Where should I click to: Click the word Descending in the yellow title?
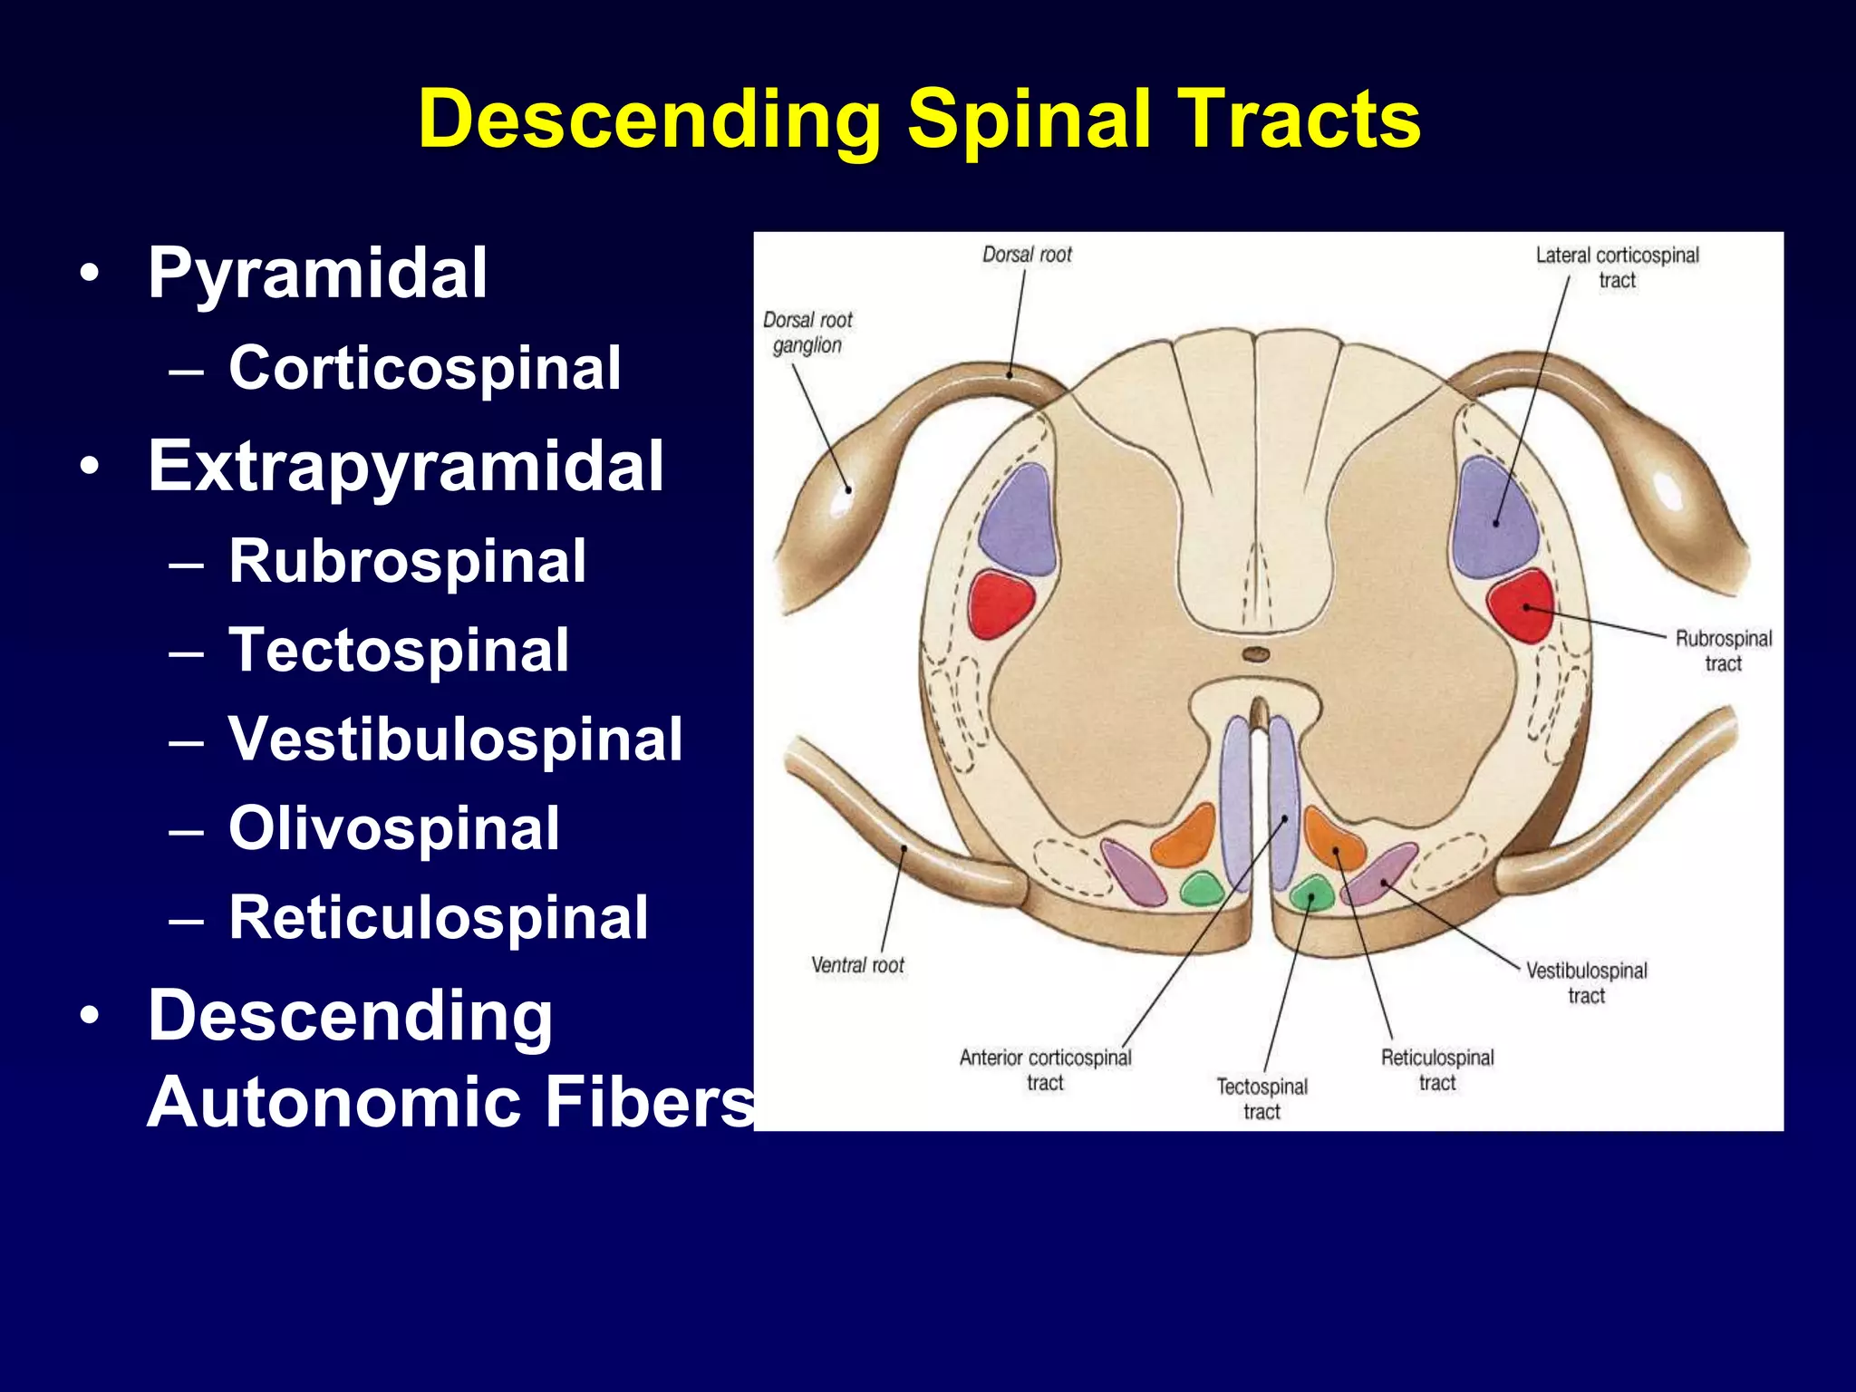[649, 121]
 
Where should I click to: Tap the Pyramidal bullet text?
[317, 273]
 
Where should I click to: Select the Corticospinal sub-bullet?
[424, 368]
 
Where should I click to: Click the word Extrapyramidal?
[406, 466]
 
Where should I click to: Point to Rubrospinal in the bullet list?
[407, 561]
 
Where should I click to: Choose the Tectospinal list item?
[399, 650]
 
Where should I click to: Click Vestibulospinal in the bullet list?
[455, 739]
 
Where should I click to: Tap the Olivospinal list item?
[393, 827]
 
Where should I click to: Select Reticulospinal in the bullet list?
[438, 917]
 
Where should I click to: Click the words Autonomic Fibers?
[450, 1103]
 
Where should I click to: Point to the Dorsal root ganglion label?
[807, 333]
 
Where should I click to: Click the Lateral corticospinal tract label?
[1617, 267]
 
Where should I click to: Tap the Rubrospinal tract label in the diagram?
[1723, 651]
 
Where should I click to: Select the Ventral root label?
[857, 965]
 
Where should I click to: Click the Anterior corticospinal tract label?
[1045, 1069]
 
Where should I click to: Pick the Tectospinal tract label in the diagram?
[1261, 1098]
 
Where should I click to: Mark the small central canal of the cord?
[1255, 653]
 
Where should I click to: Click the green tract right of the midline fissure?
[1310, 894]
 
